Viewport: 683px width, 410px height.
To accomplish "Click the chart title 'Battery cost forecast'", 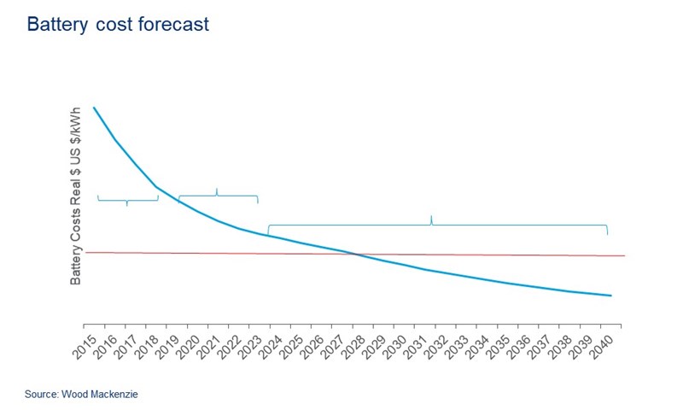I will [118, 25].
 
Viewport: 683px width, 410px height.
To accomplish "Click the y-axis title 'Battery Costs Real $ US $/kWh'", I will [76, 196].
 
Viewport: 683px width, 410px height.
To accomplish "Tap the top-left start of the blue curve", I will [94, 108].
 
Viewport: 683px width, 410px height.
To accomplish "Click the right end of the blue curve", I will [611, 296].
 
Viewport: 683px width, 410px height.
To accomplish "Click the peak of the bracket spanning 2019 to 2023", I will [217, 189].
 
